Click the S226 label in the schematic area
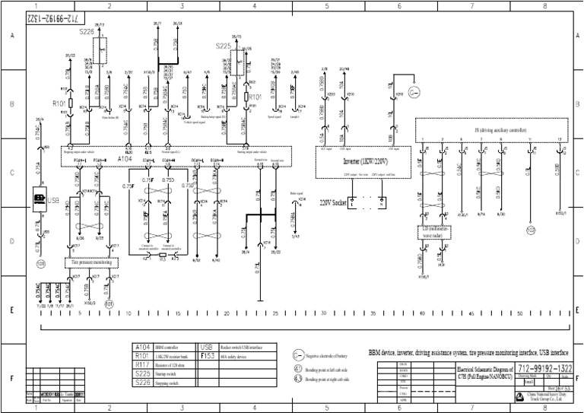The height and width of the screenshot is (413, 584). click(86, 32)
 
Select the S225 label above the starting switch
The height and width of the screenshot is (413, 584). click(223, 46)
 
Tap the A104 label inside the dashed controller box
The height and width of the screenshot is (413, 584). click(125, 160)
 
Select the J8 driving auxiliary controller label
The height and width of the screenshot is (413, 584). click(494, 129)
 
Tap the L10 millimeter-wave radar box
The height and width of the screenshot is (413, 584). click(433, 232)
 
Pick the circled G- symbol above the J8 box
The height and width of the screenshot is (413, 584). click(414, 94)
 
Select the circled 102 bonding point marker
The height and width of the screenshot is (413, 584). click(531, 229)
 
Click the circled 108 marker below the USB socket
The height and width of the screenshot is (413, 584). click(41, 265)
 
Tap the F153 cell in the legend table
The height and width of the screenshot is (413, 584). click(208, 354)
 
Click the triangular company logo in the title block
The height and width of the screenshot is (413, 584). click(488, 395)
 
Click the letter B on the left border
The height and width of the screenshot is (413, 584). click(11, 103)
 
